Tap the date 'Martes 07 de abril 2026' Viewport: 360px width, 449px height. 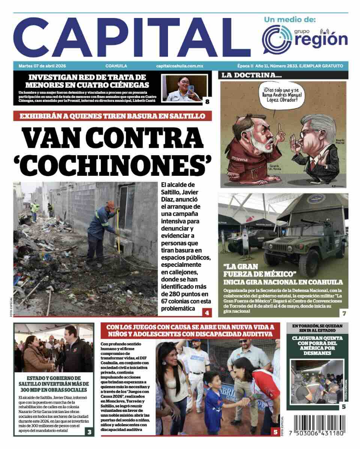pos(42,66)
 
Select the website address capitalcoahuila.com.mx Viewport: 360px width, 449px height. pos(180,66)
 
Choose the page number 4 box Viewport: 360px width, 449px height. pos(207,312)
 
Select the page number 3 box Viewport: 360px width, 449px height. pos(89,432)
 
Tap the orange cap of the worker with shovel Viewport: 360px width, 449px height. pos(111,205)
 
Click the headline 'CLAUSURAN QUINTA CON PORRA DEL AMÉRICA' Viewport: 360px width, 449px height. pos(318,345)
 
